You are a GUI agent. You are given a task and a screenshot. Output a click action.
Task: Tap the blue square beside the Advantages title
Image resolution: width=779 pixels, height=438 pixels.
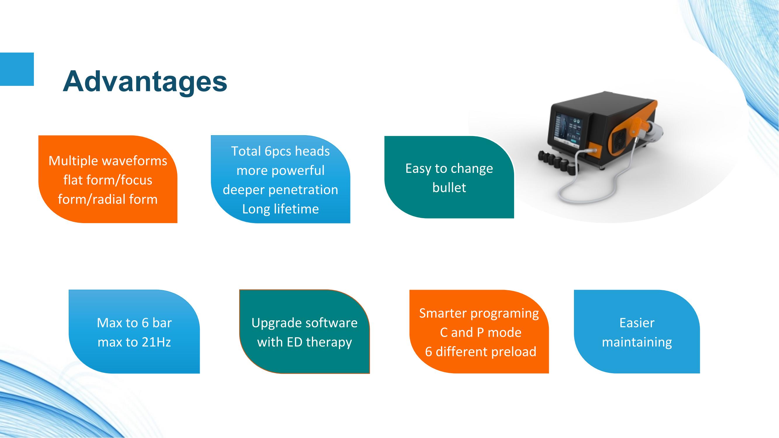click(17, 69)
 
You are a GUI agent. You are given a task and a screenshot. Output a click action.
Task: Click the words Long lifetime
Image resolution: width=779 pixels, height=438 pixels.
click(280, 209)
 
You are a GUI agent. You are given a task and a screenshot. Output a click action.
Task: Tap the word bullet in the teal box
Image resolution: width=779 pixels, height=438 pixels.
click(449, 188)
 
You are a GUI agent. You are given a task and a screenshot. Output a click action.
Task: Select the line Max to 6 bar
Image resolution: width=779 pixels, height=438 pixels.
click(134, 323)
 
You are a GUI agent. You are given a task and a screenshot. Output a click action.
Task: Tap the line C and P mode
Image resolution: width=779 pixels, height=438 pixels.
click(480, 333)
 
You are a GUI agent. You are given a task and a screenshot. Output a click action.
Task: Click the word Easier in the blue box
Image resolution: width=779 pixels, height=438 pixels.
click(637, 323)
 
